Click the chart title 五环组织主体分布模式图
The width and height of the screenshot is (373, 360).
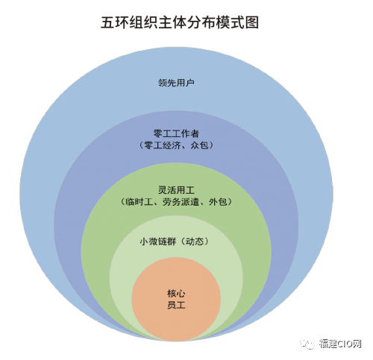click(x=180, y=22)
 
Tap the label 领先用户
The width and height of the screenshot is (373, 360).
click(x=176, y=83)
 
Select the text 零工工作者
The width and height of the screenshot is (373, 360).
click(x=176, y=133)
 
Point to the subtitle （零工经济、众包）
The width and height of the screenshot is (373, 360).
click(x=176, y=145)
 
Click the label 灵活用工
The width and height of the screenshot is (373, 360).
click(x=176, y=190)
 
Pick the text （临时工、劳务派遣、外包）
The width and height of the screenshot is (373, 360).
click(x=176, y=202)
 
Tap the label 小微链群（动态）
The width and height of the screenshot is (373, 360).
click(x=175, y=241)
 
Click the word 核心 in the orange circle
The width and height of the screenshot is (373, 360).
click(x=176, y=294)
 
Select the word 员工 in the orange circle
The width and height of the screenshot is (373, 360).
click(x=176, y=305)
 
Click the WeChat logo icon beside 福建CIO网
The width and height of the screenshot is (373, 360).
click(x=307, y=344)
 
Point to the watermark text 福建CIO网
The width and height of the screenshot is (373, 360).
click(x=340, y=344)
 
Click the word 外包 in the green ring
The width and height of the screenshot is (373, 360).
click(x=218, y=202)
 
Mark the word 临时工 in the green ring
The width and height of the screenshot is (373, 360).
click(x=139, y=202)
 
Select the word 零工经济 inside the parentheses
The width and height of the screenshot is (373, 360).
click(x=163, y=145)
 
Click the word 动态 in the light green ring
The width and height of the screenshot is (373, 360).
click(x=195, y=241)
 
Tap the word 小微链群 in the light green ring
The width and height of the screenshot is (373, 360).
click(x=158, y=241)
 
